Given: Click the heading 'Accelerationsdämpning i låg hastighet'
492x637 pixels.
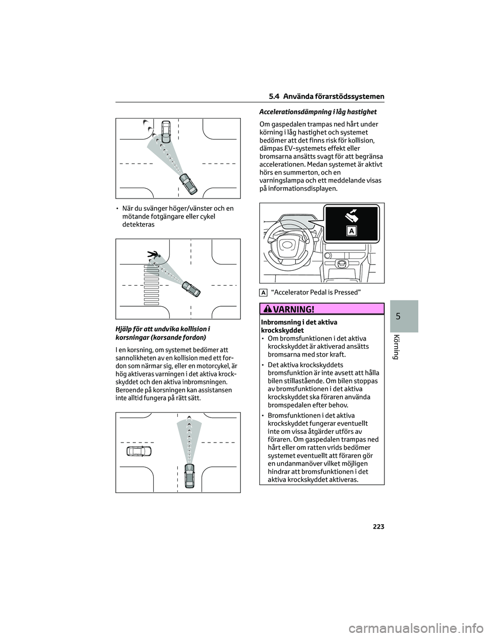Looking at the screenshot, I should coord(318,111).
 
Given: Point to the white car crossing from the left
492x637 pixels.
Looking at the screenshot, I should coord(139,451).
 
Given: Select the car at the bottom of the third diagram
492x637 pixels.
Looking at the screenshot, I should coord(190,476).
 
